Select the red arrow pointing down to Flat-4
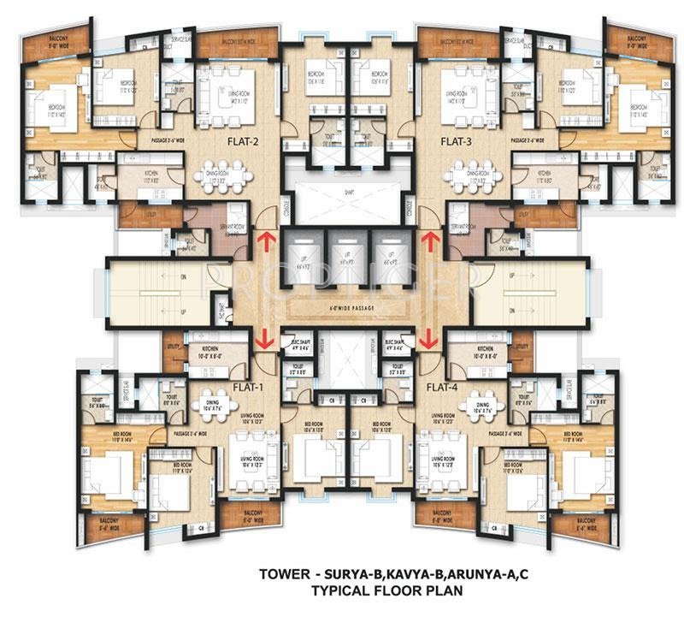[423, 339]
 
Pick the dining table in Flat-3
[467, 175]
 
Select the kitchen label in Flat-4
[486, 352]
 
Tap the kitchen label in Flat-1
[210, 352]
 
